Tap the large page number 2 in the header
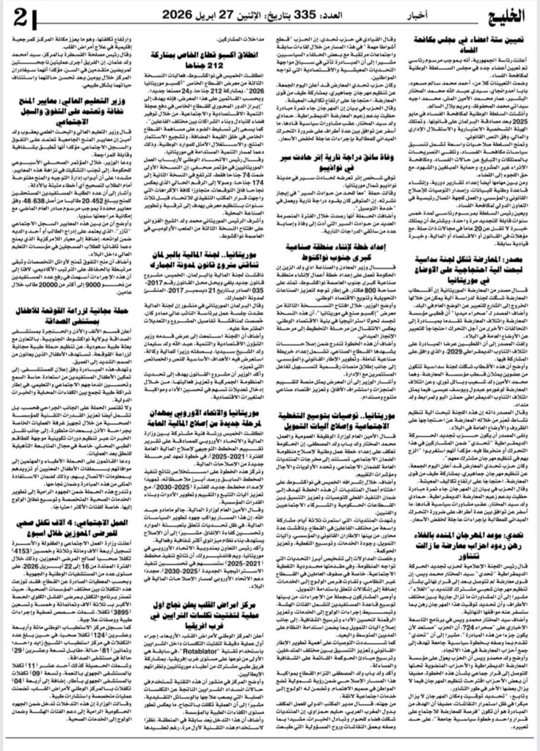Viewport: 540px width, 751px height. [x=22, y=16]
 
